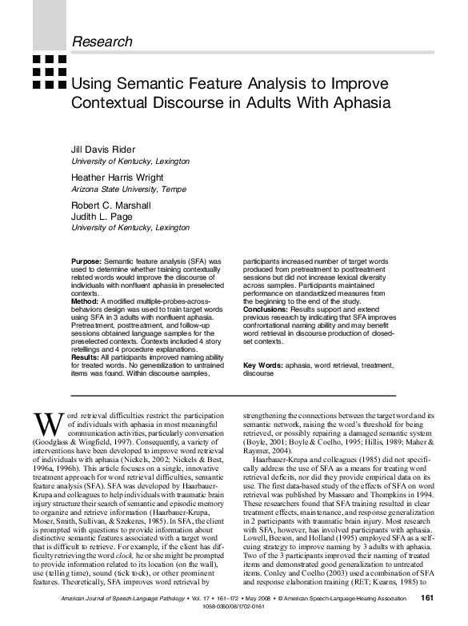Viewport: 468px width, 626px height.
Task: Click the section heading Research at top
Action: point(102,41)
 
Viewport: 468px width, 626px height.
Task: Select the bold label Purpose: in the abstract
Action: point(86,261)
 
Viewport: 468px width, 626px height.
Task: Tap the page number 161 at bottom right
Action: point(426,597)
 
